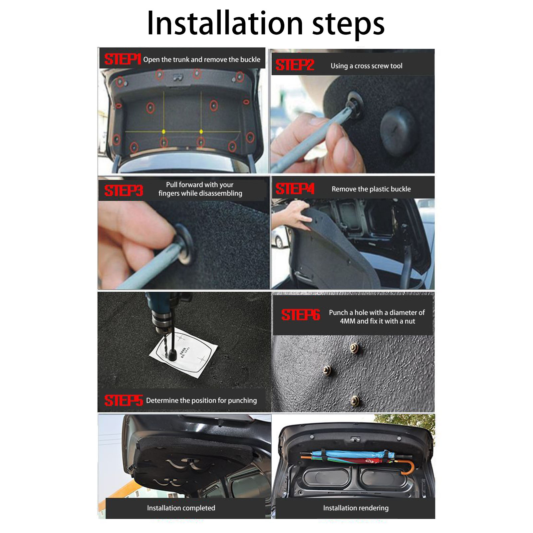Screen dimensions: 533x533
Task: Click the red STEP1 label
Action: click(x=123, y=59)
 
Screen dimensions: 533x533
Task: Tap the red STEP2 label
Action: click(x=295, y=65)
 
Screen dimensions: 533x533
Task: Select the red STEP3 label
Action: click(x=124, y=190)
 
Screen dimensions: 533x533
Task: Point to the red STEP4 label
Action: click(x=295, y=189)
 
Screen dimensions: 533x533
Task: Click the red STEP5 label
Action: click(x=124, y=400)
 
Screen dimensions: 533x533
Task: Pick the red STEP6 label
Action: click(x=301, y=315)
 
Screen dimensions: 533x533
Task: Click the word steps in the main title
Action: click(x=348, y=25)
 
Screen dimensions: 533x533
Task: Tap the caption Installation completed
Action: click(x=181, y=508)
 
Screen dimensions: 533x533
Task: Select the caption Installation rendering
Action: click(x=356, y=508)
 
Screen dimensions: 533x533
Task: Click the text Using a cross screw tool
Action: click(x=367, y=66)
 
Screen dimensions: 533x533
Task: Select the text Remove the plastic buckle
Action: click(x=371, y=189)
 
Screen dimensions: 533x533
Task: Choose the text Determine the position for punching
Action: click(x=201, y=400)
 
